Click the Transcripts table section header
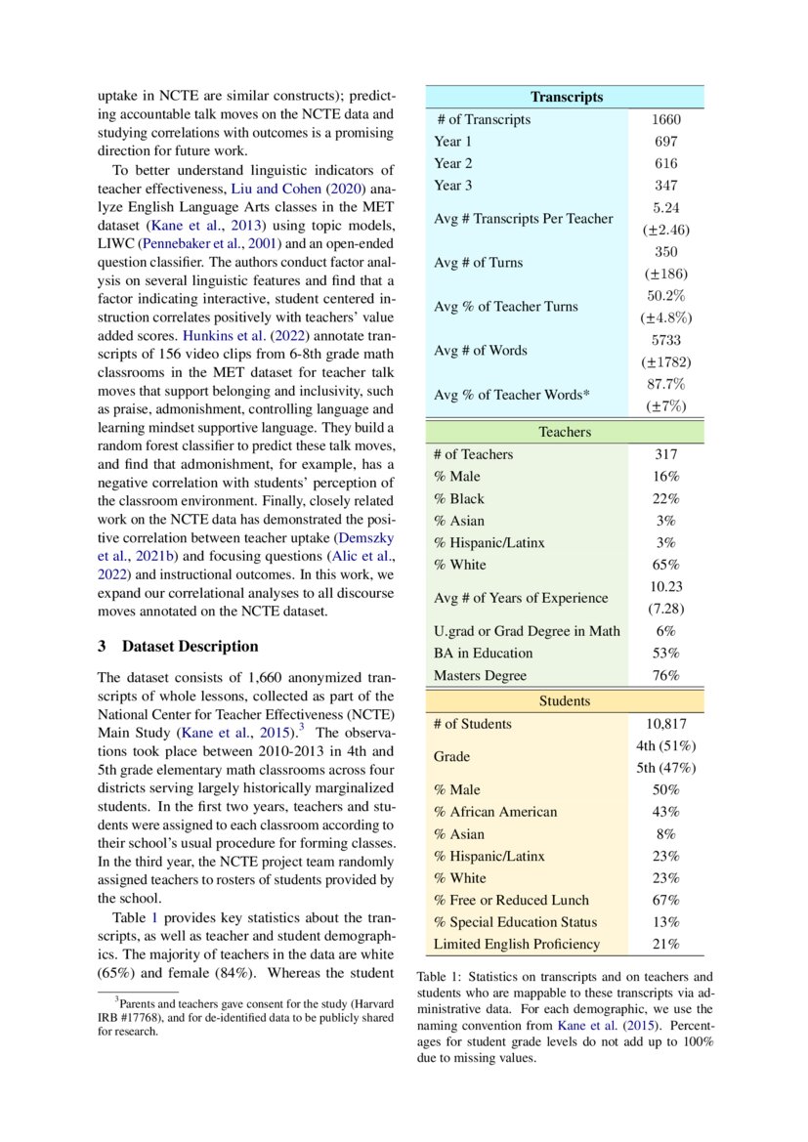pyautogui.click(x=566, y=97)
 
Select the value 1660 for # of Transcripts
pyautogui.click(x=665, y=119)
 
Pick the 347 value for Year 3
pyautogui.click(x=665, y=186)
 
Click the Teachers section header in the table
pyautogui.click(x=565, y=432)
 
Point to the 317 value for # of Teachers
pyautogui.click(x=665, y=454)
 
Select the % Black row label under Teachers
pyautogui.click(x=459, y=498)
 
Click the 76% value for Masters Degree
pyautogui.click(x=665, y=675)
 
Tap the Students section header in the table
pyautogui.click(x=565, y=701)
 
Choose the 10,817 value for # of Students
pyautogui.click(x=665, y=724)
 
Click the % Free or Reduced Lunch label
pyautogui.click(x=511, y=900)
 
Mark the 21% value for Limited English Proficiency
pyautogui.click(x=665, y=944)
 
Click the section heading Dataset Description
pyautogui.click(x=191, y=647)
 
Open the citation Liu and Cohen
pyautogui.click(x=276, y=189)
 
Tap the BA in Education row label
pyautogui.click(x=484, y=653)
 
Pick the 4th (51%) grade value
pyautogui.click(x=665, y=745)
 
